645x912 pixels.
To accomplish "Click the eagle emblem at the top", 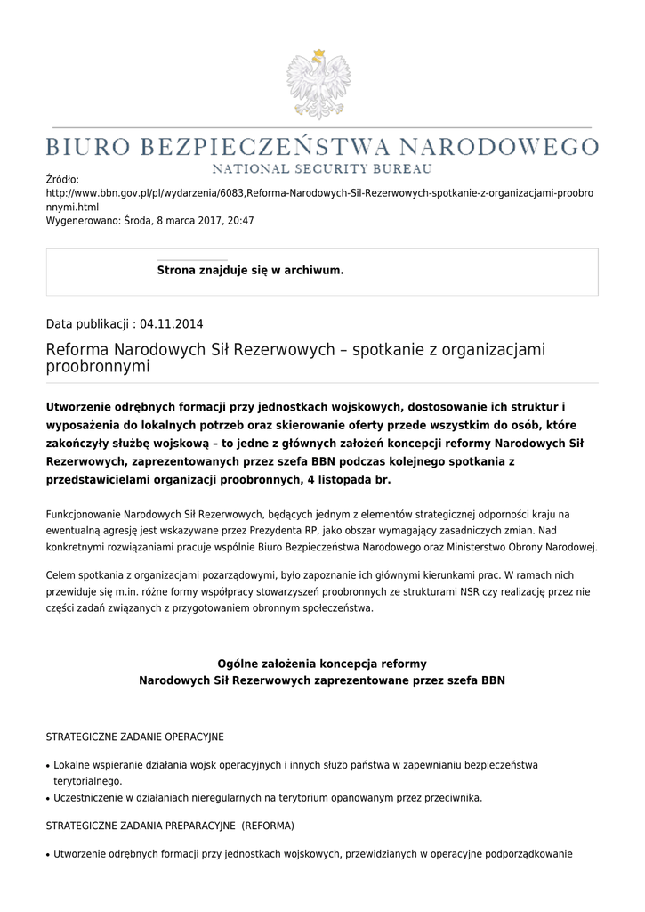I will (x=318, y=85).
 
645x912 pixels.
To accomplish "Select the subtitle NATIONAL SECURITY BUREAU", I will (x=322, y=168).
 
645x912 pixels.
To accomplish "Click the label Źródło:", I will (x=62, y=180).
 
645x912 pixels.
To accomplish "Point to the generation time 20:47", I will (x=241, y=220).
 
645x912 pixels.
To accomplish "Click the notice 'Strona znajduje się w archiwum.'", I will (x=250, y=270).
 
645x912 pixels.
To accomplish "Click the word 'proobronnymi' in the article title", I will (x=98, y=367).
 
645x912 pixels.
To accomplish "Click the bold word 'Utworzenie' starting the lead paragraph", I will (x=85, y=406).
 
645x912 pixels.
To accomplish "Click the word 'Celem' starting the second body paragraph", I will (x=61, y=575).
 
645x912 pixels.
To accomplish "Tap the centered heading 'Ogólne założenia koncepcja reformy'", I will (x=322, y=664).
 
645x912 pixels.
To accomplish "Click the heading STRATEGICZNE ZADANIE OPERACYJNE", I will (x=134, y=737).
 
